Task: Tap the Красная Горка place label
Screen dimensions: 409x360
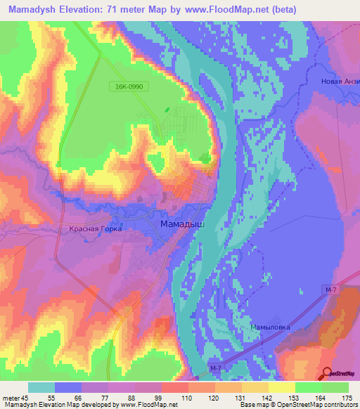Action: [x=96, y=229]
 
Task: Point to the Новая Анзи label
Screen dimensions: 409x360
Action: [x=340, y=82]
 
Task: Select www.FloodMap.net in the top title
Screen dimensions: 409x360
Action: [x=217, y=9]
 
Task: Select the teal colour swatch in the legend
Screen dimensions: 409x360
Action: [x=41, y=387]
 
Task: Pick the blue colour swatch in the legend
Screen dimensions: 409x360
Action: [x=68, y=387]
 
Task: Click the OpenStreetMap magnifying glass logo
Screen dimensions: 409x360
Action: [x=327, y=374]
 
